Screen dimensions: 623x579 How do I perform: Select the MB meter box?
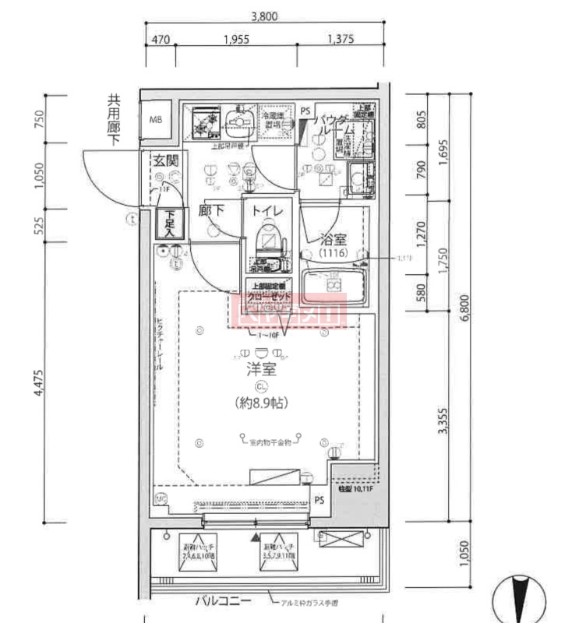(156, 119)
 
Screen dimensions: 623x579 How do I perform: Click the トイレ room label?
(267, 212)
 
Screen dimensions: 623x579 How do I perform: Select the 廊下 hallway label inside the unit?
(211, 211)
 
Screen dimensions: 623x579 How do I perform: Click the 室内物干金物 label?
(270, 442)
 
